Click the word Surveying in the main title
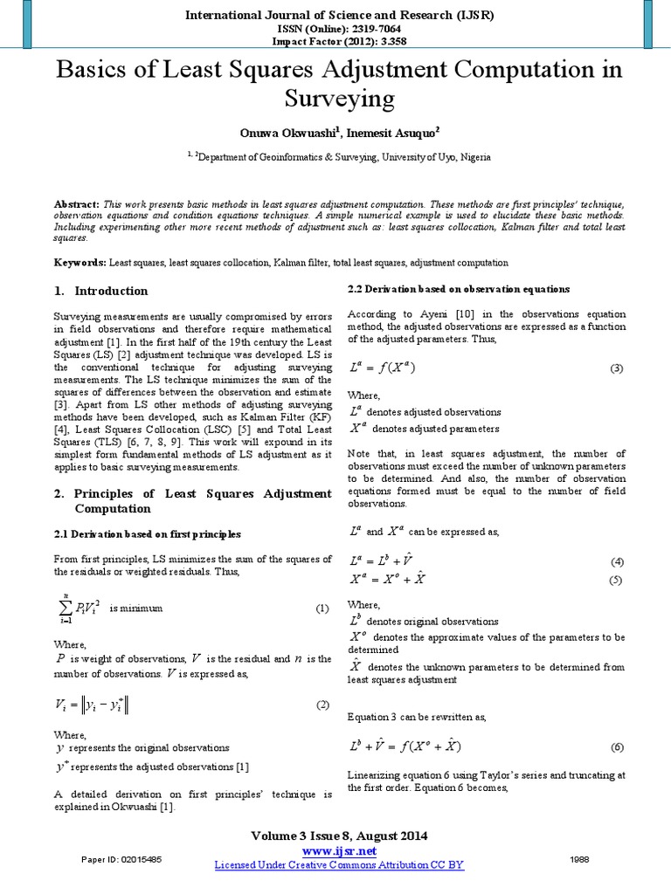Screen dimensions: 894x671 [x=340, y=99]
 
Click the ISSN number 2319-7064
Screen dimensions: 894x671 [x=367, y=28]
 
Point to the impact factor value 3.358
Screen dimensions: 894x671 [x=388, y=40]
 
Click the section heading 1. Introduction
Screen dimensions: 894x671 [x=100, y=291]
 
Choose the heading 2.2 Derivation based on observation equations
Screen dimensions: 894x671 [x=459, y=288]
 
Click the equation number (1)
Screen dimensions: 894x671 [x=321, y=608]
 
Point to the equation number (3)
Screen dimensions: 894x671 [x=617, y=368]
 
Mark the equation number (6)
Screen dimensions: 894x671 [x=617, y=747]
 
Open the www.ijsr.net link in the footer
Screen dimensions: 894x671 [x=339, y=850]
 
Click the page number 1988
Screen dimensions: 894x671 [x=578, y=859]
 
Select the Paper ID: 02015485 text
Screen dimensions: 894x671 [x=121, y=859]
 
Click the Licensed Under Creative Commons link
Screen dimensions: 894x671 [x=339, y=864]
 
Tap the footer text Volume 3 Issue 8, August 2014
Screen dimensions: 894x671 [x=339, y=836]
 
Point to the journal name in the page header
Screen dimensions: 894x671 [x=340, y=15]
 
